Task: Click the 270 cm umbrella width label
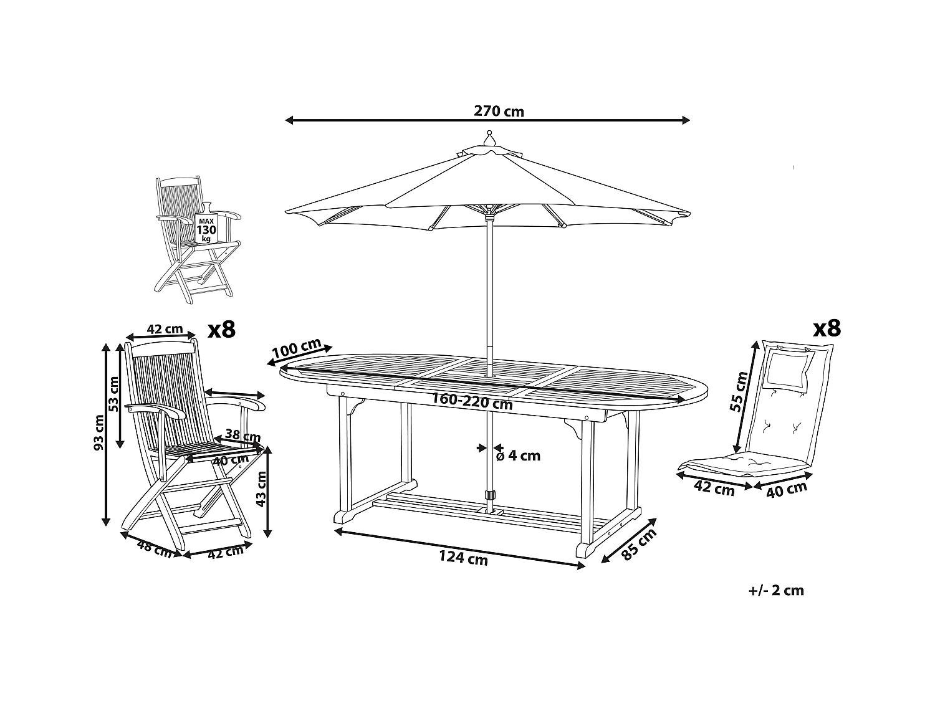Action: tap(499, 112)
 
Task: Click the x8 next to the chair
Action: tap(221, 329)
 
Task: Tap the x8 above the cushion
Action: tap(827, 328)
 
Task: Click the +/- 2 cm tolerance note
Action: tap(776, 590)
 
